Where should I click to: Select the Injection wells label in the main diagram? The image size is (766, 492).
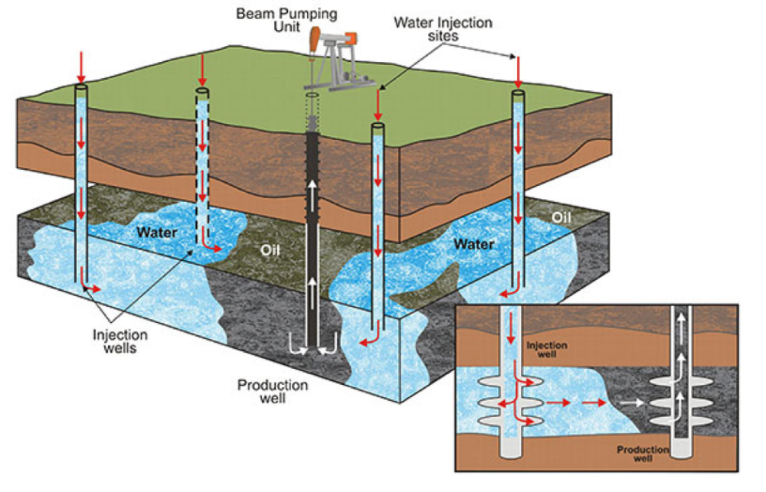(120, 340)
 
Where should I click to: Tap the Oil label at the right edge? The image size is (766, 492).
(561, 218)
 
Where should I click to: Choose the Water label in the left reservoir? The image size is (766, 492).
(159, 231)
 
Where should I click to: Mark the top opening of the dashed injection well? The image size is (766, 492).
(201, 91)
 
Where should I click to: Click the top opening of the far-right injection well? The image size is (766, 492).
(519, 94)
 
